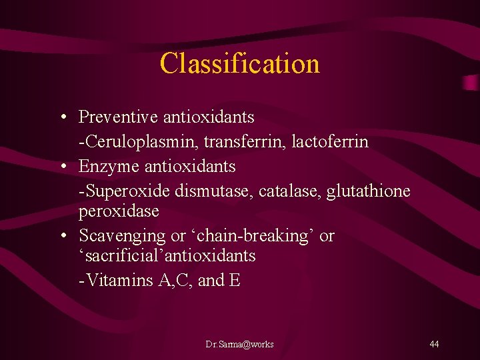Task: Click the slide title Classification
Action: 240,64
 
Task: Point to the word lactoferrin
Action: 330,143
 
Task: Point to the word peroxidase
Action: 119,212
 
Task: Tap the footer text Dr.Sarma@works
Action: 239,344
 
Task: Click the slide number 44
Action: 434,344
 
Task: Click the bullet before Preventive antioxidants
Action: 62,118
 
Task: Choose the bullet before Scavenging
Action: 62,237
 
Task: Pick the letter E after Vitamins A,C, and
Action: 234,281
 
